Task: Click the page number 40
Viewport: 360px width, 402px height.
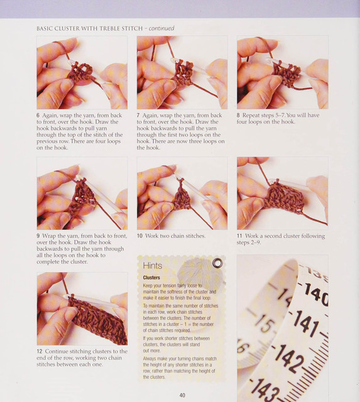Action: point(182,395)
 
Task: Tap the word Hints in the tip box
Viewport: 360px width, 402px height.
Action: point(152,266)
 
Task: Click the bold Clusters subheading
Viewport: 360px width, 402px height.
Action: point(151,278)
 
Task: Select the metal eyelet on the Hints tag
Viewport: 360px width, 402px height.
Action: point(217,263)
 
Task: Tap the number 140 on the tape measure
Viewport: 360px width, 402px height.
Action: point(316,294)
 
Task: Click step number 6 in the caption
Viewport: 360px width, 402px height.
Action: point(38,116)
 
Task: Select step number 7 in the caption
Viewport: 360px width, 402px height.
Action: point(138,116)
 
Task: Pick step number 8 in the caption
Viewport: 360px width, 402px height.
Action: point(238,116)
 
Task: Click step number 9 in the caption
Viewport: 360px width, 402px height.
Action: point(38,236)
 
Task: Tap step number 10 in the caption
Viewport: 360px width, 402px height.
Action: point(139,236)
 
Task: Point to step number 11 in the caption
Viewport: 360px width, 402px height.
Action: point(239,236)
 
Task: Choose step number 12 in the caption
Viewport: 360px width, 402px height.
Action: point(39,351)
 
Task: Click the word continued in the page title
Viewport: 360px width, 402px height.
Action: point(161,28)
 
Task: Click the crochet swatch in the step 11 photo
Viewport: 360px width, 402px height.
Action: point(284,197)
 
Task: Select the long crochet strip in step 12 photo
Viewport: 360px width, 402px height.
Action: point(98,320)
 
